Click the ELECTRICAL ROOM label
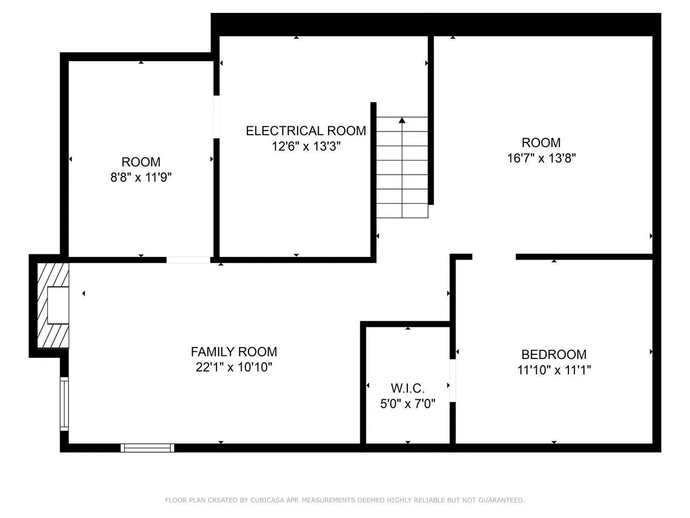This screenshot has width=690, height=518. click(x=305, y=131)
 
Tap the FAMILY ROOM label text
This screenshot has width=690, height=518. click(x=234, y=352)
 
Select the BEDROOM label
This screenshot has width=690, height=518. click(x=554, y=355)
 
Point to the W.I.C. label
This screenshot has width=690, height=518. click(x=408, y=388)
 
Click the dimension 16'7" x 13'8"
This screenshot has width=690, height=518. click(x=541, y=158)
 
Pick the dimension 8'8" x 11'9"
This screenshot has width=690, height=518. click(x=141, y=178)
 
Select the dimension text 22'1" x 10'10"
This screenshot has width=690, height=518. click(x=234, y=368)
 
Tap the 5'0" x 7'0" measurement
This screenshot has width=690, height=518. click(x=408, y=404)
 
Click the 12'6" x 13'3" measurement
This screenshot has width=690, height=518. click(x=306, y=147)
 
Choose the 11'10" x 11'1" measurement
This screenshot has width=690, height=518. click(x=554, y=370)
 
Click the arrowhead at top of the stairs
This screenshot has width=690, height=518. click(x=402, y=121)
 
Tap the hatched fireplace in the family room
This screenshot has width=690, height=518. click(x=53, y=305)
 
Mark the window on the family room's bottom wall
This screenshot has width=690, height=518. click(x=148, y=448)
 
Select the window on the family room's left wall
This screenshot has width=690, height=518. click(x=64, y=404)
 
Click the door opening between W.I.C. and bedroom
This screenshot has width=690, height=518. click(x=452, y=380)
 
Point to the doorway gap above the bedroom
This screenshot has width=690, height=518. click(x=494, y=256)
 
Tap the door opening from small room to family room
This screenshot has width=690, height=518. click(x=188, y=260)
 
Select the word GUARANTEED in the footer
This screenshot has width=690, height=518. click(x=503, y=500)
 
